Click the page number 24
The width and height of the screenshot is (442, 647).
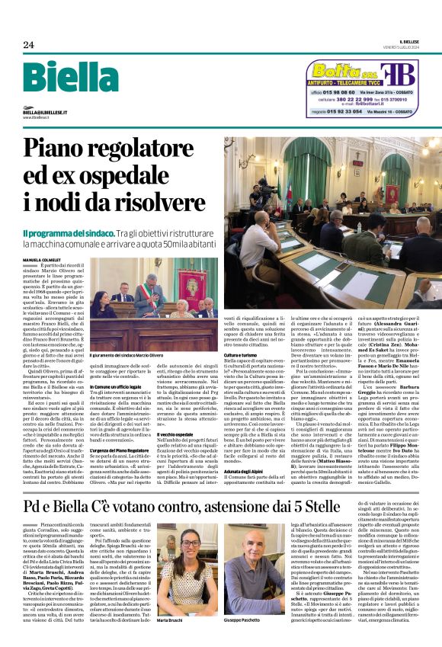point(29,45)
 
